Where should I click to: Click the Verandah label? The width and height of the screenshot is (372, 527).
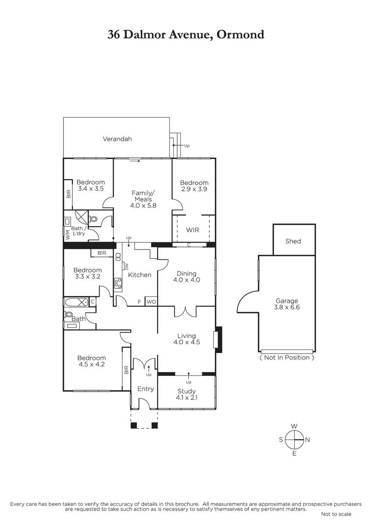click(117, 139)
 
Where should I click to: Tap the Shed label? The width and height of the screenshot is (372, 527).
click(293, 241)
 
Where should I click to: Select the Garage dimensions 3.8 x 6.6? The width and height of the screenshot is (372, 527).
click(287, 307)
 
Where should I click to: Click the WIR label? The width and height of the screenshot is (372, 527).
click(193, 230)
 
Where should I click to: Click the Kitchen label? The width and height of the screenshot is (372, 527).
click(139, 275)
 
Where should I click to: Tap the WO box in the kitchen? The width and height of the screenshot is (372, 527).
click(151, 302)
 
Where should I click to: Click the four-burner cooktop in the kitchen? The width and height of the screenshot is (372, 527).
click(118, 283)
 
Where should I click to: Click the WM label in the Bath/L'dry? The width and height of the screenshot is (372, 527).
click(68, 235)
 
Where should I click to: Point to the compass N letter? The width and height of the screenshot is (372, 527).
click(308, 440)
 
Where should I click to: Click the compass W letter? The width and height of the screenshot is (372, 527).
click(294, 426)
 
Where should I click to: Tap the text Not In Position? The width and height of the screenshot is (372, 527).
click(287, 357)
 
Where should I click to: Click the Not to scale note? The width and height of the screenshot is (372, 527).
click(336, 514)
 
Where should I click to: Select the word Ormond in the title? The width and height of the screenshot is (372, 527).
click(240, 35)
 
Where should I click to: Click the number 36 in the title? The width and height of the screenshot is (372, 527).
click(114, 35)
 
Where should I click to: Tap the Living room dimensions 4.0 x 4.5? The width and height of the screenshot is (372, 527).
click(186, 342)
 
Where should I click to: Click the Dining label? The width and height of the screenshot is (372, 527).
click(186, 273)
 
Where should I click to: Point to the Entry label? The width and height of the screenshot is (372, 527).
click(146, 389)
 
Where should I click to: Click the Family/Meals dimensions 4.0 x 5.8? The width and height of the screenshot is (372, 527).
click(143, 206)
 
